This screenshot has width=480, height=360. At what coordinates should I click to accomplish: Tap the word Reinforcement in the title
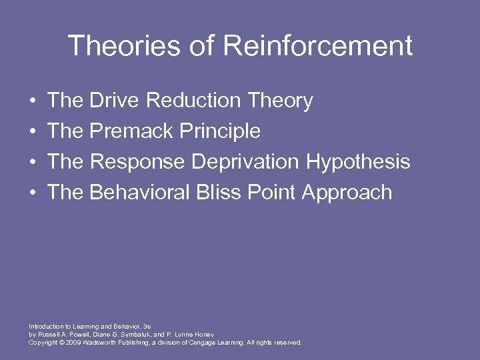coord(318,46)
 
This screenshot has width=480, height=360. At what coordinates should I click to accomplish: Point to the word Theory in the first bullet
coord(280,101)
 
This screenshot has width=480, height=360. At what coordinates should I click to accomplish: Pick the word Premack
coord(132,131)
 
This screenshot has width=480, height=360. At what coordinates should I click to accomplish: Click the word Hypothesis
coord(358,162)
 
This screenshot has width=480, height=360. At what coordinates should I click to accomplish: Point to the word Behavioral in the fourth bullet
coord(139,193)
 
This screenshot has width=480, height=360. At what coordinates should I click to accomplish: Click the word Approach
coord(347,193)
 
